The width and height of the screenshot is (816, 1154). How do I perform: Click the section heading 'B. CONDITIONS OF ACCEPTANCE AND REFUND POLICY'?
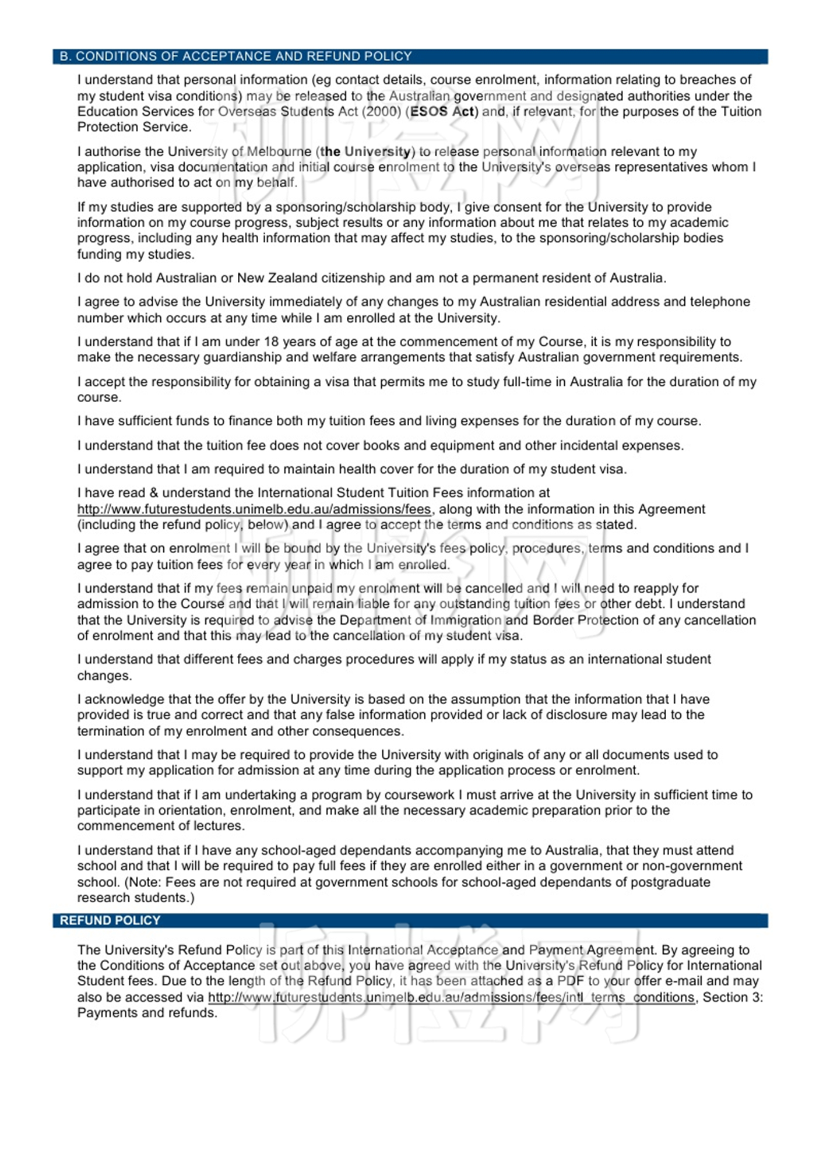[x=236, y=57]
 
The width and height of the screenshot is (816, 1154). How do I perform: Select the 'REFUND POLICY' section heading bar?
[x=110, y=920]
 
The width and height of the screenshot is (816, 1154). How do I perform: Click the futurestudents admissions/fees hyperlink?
[x=254, y=509]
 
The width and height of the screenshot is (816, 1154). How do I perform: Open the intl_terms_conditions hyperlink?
[x=451, y=997]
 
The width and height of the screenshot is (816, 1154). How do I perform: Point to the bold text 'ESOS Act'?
[x=442, y=111]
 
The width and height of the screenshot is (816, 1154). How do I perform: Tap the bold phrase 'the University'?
[x=365, y=152]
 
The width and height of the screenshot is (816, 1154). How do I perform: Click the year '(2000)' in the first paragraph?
[x=381, y=111]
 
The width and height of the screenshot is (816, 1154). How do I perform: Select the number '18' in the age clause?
[x=271, y=342]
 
